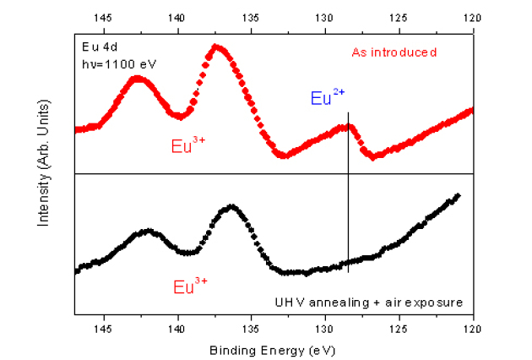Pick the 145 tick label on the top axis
coord(104,18)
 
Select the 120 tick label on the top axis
coord(473,18)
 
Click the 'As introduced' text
coord(394,52)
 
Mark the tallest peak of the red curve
coord(218,46)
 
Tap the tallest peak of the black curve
coord(231,207)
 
